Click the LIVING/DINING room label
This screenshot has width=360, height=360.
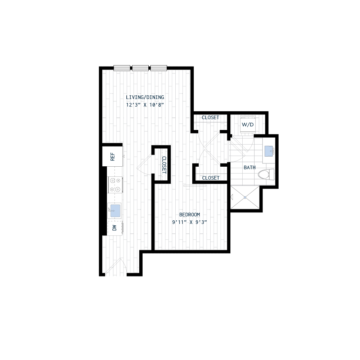145,97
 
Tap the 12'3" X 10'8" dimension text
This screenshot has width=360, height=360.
145,105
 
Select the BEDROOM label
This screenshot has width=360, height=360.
189,215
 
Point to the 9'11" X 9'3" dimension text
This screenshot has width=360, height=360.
189,222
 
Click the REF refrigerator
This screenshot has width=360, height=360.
113,156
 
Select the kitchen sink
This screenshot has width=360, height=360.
115,210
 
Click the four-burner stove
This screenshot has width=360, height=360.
115,185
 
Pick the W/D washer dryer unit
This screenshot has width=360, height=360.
248,124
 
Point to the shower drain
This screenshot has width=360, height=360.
245,197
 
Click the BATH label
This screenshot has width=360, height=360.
249,167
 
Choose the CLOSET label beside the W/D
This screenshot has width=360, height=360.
210,118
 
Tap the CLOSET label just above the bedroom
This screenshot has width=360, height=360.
211,178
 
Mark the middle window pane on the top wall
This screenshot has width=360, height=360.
140,67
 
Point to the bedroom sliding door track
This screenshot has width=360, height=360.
194,186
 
